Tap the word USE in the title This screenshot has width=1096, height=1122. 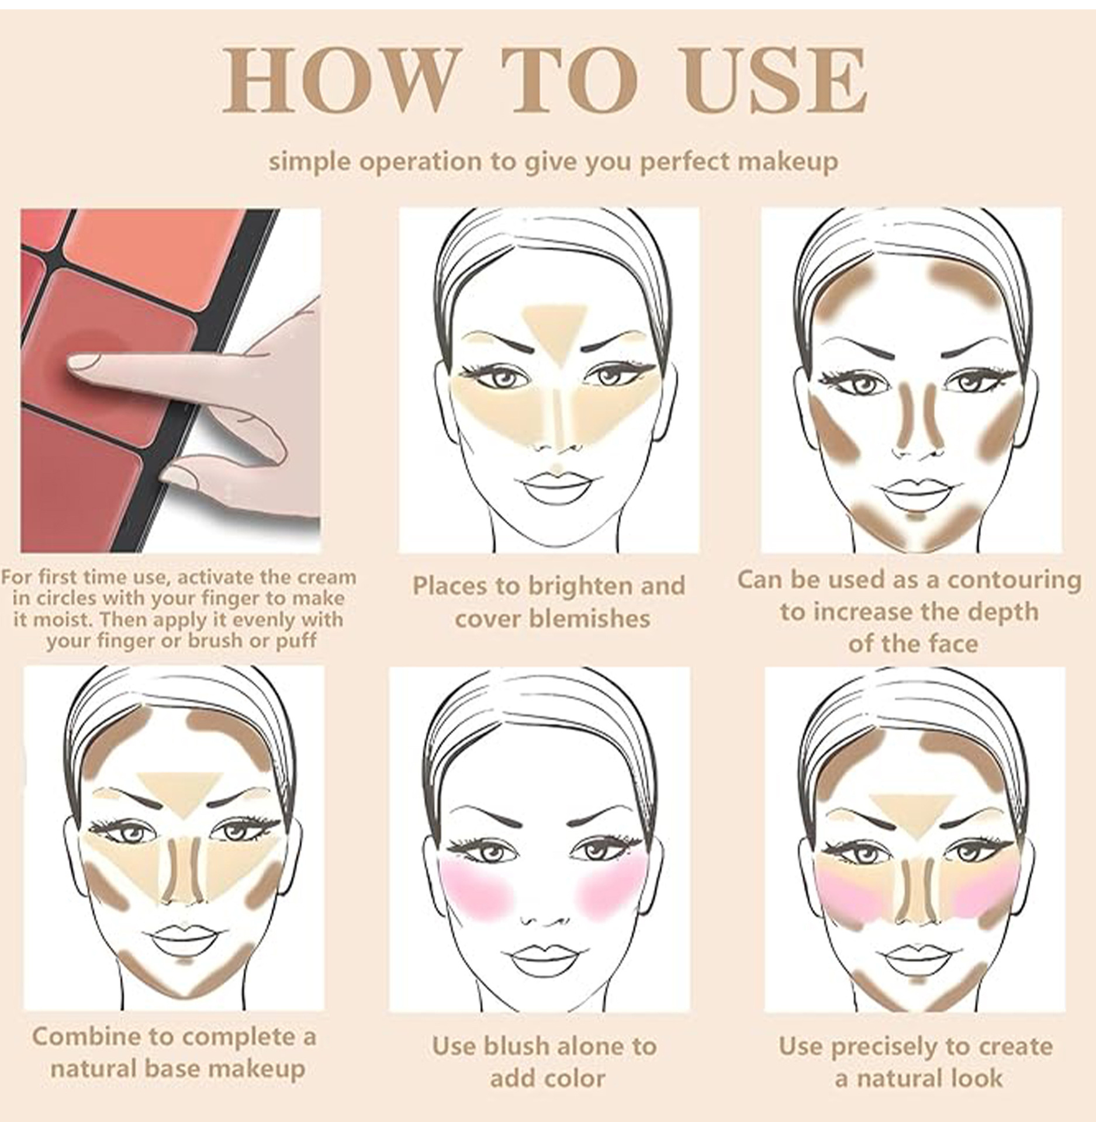point(776,81)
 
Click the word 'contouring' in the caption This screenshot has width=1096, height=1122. point(1014,581)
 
